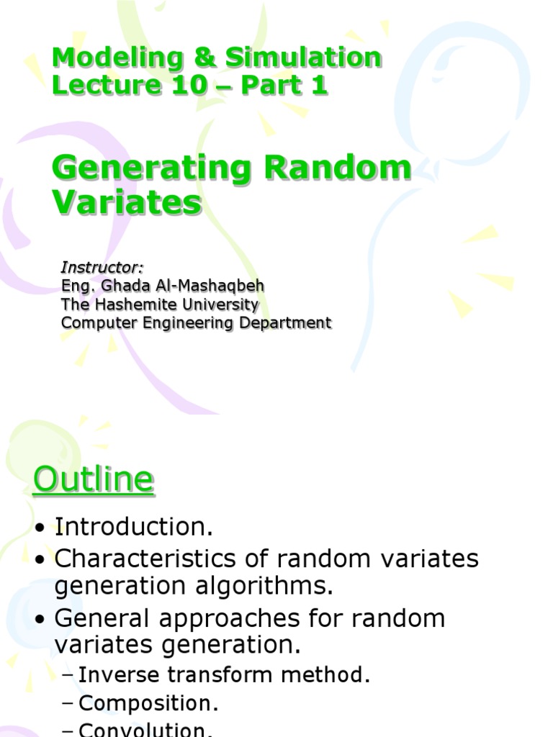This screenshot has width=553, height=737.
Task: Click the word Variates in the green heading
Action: [x=127, y=202]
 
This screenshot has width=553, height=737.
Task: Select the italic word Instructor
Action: [x=102, y=268]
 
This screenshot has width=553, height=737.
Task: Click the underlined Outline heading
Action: [x=93, y=480]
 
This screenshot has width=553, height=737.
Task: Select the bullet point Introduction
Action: [x=134, y=527]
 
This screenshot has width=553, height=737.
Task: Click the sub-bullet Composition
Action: [x=148, y=703]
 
